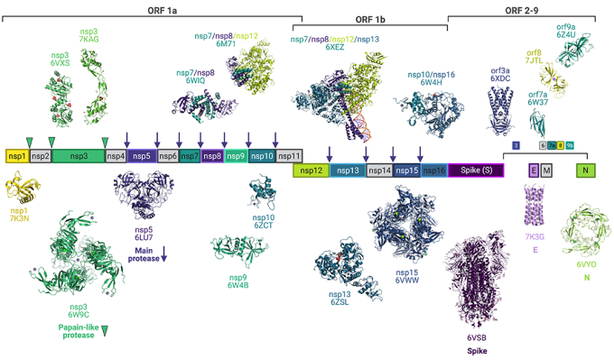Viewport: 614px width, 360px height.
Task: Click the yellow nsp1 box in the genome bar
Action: coord(16,156)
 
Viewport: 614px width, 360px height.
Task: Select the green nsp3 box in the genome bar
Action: coord(79,156)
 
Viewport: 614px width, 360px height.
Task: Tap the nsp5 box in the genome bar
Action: coord(141,156)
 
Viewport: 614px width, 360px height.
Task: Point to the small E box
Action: coord(534,170)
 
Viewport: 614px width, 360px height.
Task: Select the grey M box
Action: coord(546,170)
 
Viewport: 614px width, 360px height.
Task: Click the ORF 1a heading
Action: coord(152,7)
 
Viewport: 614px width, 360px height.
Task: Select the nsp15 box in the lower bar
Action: coord(406,170)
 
